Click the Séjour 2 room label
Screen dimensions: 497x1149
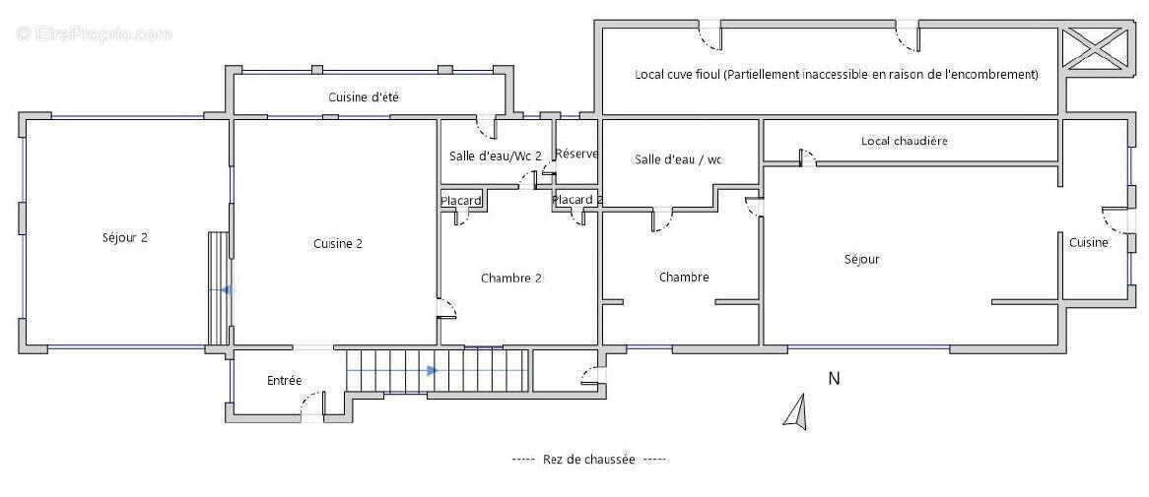point(124,237)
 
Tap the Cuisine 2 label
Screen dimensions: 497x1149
point(338,244)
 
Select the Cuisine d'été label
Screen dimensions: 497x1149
point(363,97)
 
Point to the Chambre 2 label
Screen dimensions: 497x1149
point(510,278)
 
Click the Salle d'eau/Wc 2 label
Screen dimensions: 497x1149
point(495,155)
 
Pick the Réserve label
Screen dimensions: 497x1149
point(576,155)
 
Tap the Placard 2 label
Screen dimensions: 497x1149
point(576,200)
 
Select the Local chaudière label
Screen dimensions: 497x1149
point(904,141)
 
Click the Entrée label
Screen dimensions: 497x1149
point(285,380)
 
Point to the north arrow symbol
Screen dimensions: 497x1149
point(797,411)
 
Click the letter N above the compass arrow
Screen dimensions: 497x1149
point(833,379)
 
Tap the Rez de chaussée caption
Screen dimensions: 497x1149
point(588,459)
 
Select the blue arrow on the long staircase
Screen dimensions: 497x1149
point(432,371)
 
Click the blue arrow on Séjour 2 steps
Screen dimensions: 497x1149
point(226,290)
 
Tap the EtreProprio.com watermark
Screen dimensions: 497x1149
point(94,34)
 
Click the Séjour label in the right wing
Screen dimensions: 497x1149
point(861,260)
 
